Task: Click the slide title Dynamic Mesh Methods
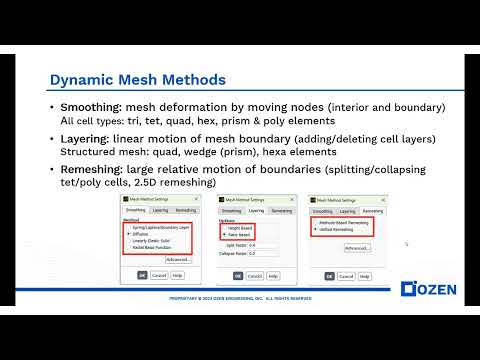point(137,79)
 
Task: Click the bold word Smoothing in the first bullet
point(89,107)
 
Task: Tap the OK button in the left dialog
point(142,275)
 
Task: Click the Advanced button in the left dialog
point(178,259)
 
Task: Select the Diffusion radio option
point(146,236)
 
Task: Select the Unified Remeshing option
point(342,231)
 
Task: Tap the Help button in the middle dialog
point(270,275)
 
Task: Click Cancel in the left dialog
point(159,275)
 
